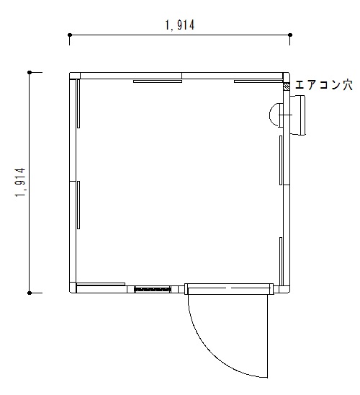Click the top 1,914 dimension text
[179, 25]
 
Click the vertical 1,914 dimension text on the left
[21, 182]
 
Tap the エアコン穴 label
[323, 85]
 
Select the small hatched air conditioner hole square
[287, 87]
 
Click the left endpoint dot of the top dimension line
[70, 35]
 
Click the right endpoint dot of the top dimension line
[290, 35]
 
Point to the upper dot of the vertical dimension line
[30, 73]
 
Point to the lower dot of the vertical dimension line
[30, 293]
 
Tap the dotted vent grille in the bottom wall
[153, 289]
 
